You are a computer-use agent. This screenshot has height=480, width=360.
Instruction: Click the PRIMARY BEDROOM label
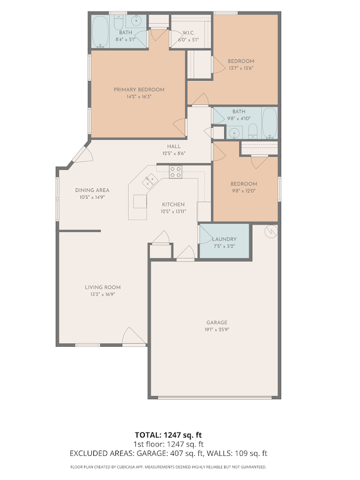139,90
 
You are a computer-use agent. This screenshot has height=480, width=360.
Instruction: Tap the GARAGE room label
217,322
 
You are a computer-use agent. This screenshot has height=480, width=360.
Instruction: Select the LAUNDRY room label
225,239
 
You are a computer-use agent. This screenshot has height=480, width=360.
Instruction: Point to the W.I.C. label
188,33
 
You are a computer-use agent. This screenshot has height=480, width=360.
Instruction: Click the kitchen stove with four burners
176,172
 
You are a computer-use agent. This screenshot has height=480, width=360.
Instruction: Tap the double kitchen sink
150,181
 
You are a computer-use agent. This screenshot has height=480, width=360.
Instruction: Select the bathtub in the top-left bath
100,32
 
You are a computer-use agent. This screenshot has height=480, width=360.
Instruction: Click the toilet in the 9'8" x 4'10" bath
252,131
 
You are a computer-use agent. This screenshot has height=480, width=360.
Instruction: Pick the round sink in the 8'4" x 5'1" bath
136,21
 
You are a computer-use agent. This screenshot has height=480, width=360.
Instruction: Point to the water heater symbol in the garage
271,231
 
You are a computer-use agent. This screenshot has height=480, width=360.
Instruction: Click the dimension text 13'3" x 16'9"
102,294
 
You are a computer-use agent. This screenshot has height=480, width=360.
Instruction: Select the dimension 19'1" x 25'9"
217,329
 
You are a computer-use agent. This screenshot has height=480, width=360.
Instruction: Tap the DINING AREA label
92,190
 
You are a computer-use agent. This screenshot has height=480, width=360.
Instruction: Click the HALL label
174,146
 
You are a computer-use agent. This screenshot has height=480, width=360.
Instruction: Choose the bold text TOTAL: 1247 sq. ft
168,435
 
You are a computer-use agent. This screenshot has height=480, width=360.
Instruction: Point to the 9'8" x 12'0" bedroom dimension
243,191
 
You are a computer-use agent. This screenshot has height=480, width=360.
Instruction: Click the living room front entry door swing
134,336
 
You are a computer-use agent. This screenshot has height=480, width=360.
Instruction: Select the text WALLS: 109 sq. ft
237,453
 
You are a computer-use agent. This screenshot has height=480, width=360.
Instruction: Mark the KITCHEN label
173,205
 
